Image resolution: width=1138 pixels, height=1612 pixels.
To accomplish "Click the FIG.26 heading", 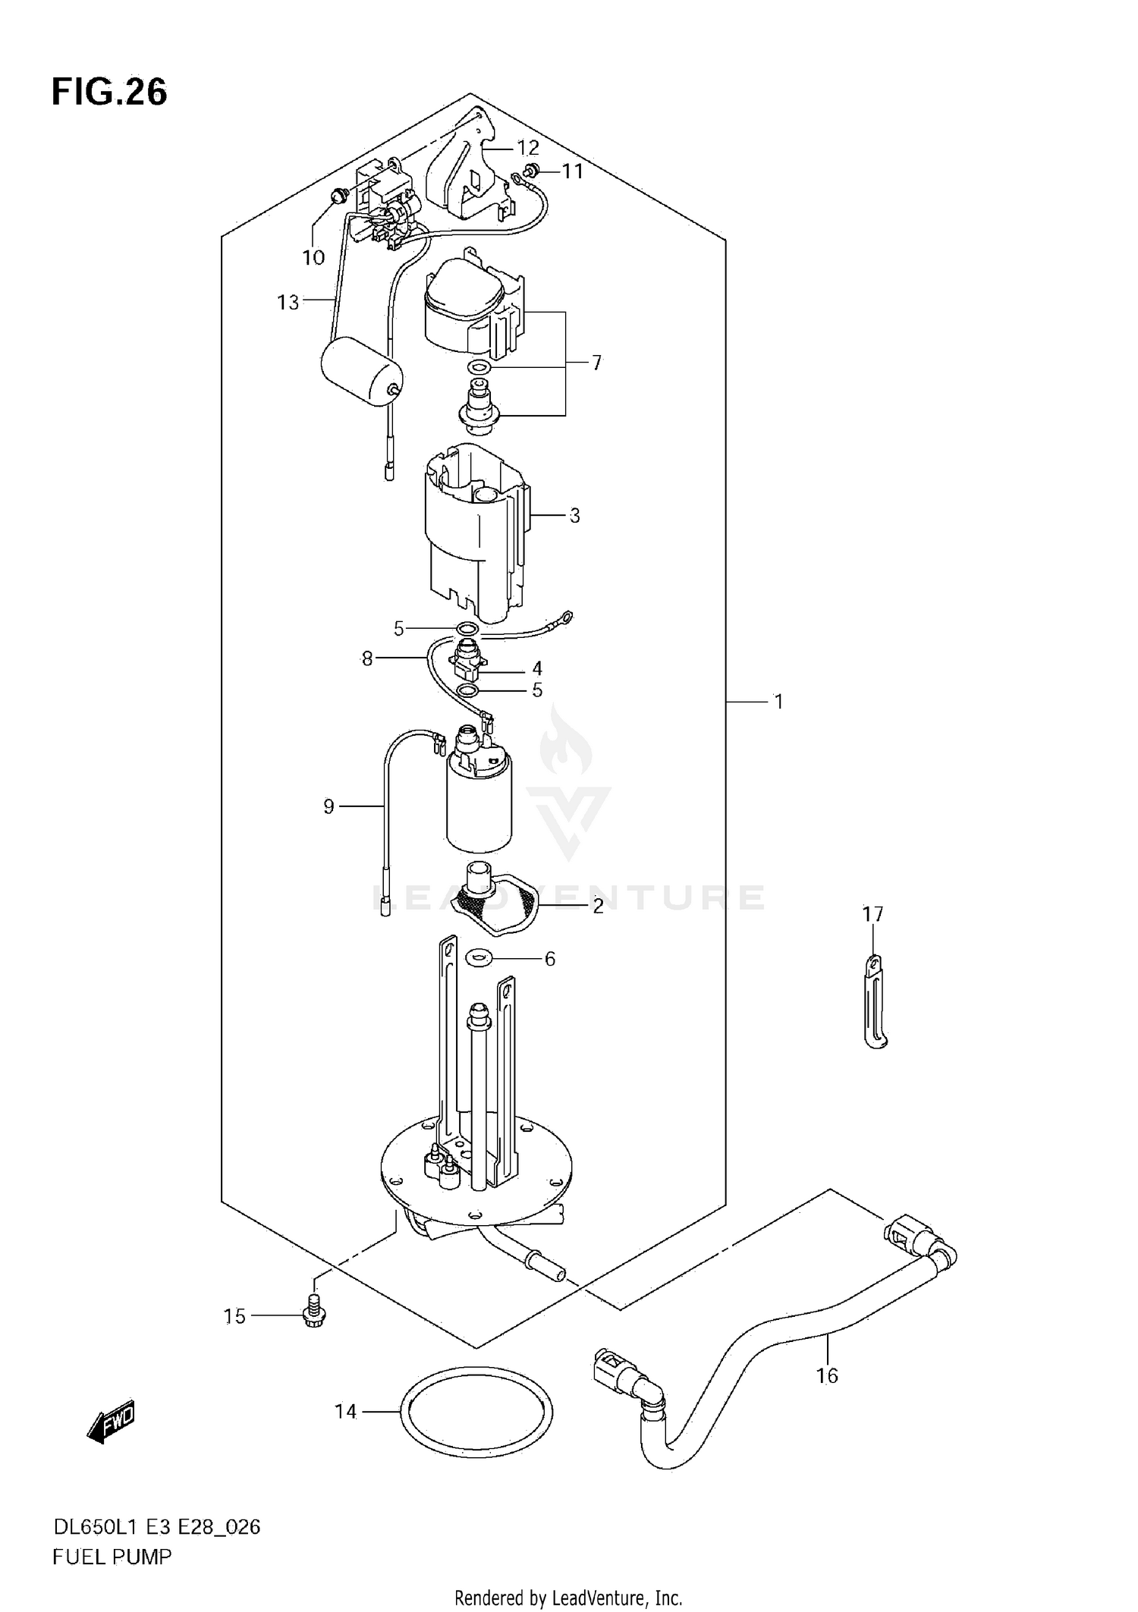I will [109, 93].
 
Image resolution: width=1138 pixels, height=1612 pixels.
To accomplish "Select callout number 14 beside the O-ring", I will [345, 1411].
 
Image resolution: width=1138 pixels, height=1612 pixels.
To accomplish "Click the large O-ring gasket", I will [476, 1410].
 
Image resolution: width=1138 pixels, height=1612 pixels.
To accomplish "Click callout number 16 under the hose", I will [827, 1375].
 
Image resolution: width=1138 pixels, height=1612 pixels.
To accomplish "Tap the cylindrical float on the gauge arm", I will [361, 373].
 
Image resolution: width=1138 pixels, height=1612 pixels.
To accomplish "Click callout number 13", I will [288, 303].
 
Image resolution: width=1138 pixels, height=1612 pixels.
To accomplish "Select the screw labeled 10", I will [338, 196].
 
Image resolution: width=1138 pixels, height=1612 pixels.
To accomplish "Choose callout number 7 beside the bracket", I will [596, 363].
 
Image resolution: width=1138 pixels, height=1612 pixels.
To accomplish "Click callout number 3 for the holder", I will [574, 516].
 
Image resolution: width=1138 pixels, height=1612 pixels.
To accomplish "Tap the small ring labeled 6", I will [478, 958].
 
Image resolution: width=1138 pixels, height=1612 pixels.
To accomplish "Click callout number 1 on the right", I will [778, 702].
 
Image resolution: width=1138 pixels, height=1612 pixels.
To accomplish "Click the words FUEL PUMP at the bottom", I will [112, 1557].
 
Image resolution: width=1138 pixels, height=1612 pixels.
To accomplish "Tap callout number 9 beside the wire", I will [329, 806].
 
